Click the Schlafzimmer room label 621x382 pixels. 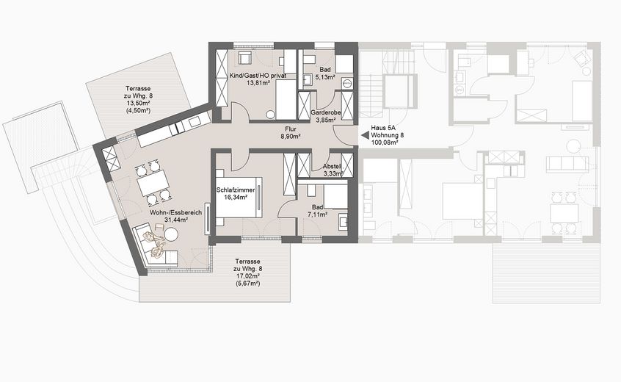pyautogui.click(x=235, y=190)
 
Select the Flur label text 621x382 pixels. pyautogui.click(x=291, y=129)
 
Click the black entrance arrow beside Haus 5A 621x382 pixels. pyautogui.click(x=363, y=135)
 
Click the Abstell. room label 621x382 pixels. pyautogui.click(x=333, y=166)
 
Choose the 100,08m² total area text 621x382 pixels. pyautogui.click(x=384, y=143)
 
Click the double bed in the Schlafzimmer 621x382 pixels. pyautogui.click(x=243, y=197)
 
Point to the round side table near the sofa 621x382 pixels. pyautogui.click(x=172, y=234)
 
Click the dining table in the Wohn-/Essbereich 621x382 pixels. pyautogui.click(x=154, y=182)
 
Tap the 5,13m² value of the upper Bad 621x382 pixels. pyautogui.click(x=325, y=76)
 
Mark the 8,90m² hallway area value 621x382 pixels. pyautogui.click(x=291, y=137)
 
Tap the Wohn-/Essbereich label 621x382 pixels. pyautogui.click(x=170, y=212)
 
